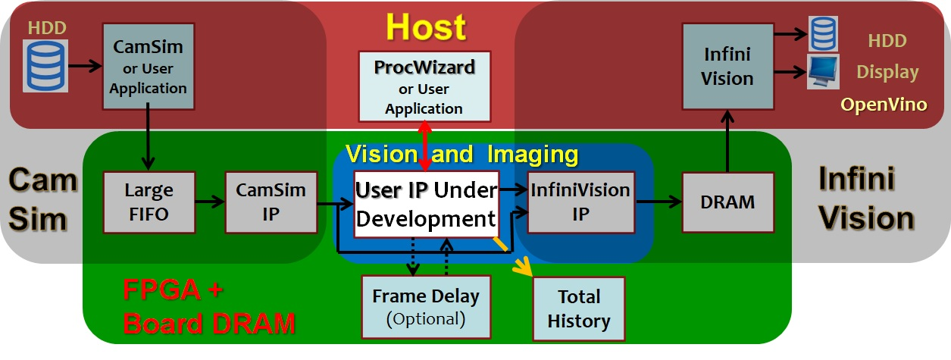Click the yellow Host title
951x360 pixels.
(425, 27)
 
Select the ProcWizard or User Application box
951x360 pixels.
(424, 86)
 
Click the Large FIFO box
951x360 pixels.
(149, 202)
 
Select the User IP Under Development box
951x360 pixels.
(426, 204)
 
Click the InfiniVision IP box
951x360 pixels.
(580, 202)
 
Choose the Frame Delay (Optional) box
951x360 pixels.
(425, 306)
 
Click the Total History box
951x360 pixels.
(579, 308)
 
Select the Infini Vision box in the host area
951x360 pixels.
(727, 67)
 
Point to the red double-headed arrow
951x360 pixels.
(425, 144)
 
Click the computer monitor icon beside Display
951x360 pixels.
(822, 73)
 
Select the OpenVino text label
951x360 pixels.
(884, 105)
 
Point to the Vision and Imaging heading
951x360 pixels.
(462, 155)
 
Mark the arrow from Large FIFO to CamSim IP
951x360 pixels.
(209, 202)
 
